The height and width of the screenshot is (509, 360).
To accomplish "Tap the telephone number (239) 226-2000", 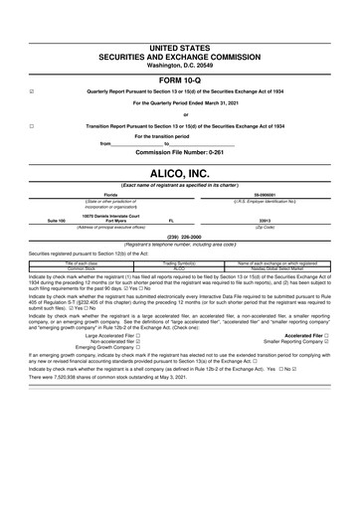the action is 179,237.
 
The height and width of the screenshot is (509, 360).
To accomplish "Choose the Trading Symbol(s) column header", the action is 180,261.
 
